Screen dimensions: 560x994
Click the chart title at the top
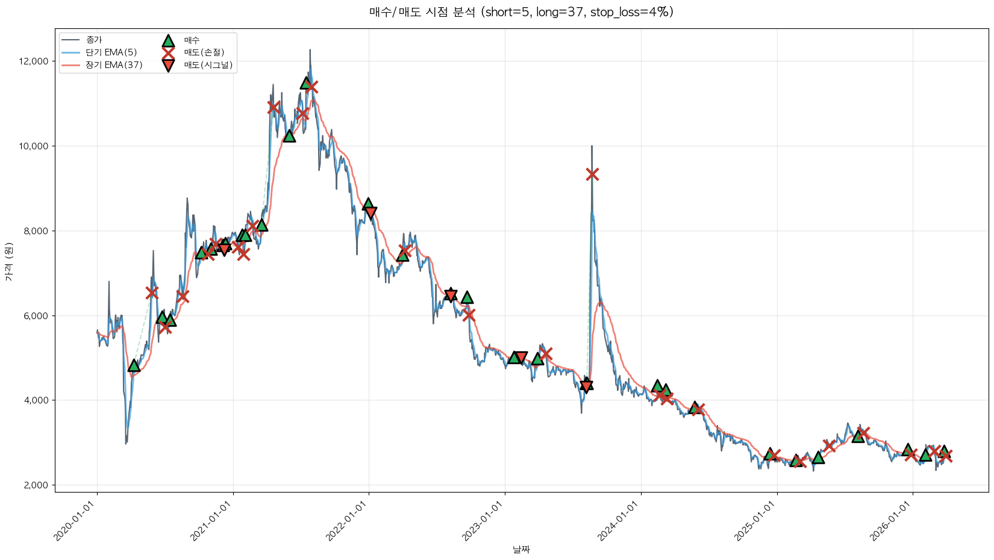(521, 12)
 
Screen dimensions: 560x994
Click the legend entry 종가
(94, 40)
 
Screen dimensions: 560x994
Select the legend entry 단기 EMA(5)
(111, 52)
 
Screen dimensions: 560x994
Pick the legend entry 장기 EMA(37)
(114, 65)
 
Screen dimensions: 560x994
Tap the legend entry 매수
(192, 40)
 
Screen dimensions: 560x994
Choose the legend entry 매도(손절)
(204, 52)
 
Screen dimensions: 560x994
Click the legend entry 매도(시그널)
(208, 65)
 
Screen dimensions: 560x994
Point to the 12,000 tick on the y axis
(34, 61)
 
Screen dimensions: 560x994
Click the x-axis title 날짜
(521, 549)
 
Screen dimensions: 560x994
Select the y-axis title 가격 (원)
(8, 262)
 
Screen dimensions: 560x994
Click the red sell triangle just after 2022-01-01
(370, 213)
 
